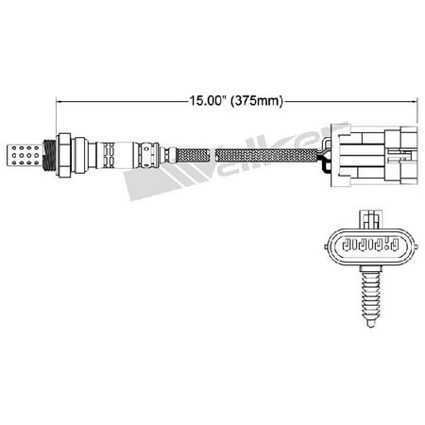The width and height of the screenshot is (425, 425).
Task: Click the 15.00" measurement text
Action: [208, 100]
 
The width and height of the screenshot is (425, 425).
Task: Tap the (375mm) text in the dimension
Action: [257, 101]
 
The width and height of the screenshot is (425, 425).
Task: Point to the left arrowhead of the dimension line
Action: [59, 101]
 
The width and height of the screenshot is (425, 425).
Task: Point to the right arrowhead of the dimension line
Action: [414, 101]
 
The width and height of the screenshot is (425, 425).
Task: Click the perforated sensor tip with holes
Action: [25, 155]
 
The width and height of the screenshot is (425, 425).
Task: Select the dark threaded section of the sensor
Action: [49, 155]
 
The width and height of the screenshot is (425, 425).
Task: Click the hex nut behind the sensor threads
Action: [64, 155]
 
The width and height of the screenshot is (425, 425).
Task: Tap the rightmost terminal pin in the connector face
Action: [394, 245]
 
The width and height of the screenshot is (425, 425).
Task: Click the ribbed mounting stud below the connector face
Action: [371, 297]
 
